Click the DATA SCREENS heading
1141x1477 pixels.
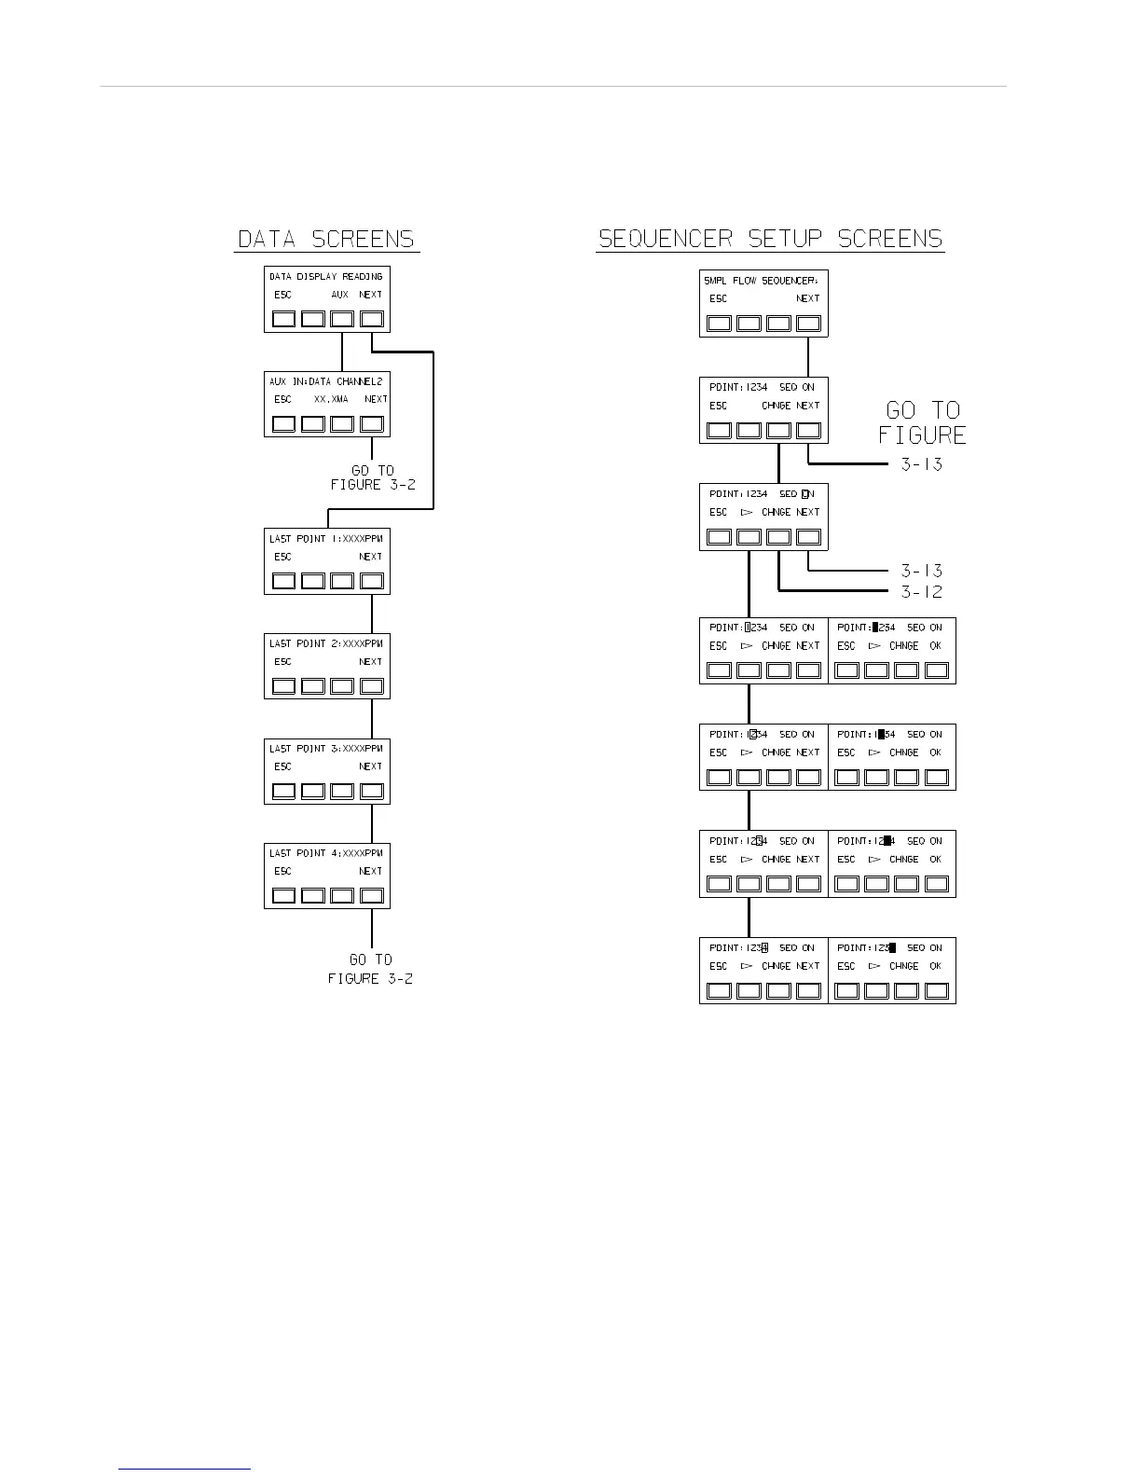point(326,240)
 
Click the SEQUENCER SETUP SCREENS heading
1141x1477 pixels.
point(770,240)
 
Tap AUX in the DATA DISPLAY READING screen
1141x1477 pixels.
point(340,295)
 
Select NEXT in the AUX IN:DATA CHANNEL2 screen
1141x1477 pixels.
point(376,399)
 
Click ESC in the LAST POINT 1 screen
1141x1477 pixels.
point(282,557)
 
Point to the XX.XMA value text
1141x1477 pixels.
point(331,399)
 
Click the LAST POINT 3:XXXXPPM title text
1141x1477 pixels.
point(325,749)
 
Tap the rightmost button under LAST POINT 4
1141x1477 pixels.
point(372,896)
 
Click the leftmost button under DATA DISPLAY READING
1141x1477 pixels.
point(283,319)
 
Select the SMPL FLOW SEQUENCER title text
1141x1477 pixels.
point(761,281)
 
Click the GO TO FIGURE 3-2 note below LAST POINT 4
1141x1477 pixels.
point(370,969)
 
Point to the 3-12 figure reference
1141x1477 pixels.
point(921,592)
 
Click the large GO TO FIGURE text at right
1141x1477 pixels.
point(922,422)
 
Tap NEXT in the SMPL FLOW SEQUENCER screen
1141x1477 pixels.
point(807,298)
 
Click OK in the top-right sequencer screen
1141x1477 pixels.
point(935,645)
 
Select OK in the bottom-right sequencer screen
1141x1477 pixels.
point(935,966)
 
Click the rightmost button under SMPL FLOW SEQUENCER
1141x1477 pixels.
point(808,324)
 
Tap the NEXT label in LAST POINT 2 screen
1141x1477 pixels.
point(370,662)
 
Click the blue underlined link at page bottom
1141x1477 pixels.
point(185,1469)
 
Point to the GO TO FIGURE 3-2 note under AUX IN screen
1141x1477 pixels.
point(372,477)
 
